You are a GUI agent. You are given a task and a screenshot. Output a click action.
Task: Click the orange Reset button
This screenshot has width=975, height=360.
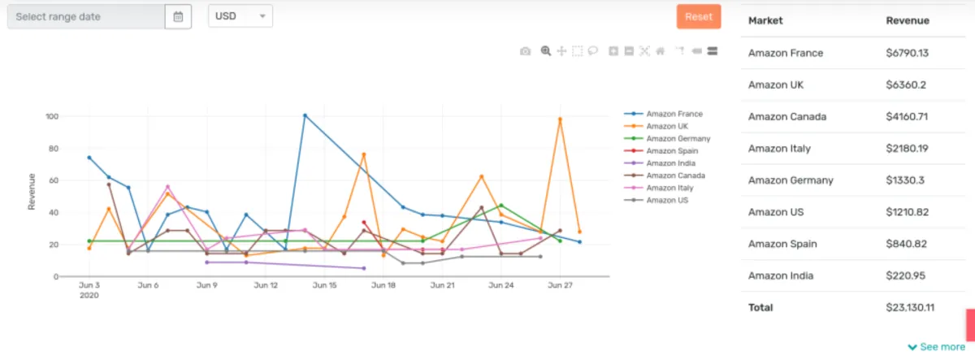click(698, 16)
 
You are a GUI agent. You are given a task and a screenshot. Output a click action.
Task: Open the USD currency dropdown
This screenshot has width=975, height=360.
click(240, 16)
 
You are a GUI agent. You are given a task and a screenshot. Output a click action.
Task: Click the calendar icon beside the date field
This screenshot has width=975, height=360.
click(178, 16)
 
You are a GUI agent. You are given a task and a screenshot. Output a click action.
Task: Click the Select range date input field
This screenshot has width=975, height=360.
click(85, 16)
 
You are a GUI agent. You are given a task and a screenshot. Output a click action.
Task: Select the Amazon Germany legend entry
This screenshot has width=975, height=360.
click(678, 139)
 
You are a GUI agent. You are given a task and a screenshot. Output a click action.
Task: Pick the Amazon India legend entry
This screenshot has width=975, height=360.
click(670, 163)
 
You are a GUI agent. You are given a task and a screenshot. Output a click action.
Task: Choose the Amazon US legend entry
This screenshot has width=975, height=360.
click(667, 200)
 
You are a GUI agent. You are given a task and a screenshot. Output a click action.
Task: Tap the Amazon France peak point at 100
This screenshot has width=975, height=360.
click(305, 115)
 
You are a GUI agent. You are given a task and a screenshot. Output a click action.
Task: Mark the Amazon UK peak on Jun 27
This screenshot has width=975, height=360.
click(560, 119)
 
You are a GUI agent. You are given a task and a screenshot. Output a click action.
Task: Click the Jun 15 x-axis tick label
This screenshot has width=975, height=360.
click(325, 285)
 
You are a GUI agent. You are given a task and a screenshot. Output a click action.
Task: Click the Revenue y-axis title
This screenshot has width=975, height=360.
click(32, 191)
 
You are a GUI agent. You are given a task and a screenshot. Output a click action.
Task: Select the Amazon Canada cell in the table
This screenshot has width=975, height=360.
click(786, 116)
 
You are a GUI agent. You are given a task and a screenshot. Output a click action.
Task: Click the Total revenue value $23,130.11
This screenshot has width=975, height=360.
click(910, 307)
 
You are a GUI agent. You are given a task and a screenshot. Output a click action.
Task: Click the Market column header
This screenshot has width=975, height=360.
click(765, 20)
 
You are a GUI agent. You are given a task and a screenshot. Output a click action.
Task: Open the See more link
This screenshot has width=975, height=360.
click(936, 347)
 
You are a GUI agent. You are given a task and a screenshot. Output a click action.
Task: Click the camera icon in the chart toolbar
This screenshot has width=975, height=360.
click(526, 51)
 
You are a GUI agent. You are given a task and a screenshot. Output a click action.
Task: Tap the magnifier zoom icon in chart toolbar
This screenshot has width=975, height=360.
click(545, 51)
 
